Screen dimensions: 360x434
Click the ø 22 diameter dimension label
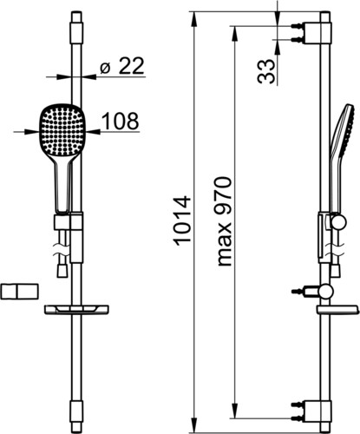pos(121,66)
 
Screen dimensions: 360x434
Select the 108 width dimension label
pos(121,121)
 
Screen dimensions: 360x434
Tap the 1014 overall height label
pos(183,221)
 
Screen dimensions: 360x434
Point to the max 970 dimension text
pos(224,221)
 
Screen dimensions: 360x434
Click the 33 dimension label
pos(265,71)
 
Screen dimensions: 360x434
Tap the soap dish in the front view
pos(76,309)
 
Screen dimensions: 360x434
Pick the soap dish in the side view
pos(337,310)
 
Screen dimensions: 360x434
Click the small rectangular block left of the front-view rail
pos(19,292)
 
